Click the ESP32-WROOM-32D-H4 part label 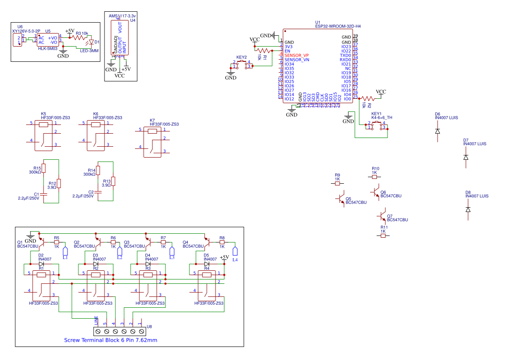point(338,26)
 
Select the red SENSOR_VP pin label point(297,55)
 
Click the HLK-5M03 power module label point(48,49)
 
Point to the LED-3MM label point(89,50)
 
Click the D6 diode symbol point(438,131)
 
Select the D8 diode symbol point(468,209)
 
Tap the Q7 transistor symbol point(382,215)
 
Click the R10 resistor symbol point(374,177)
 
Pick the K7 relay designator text point(152,120)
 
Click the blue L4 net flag point(235,251)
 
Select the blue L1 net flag point(65,251)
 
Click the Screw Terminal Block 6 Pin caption point(111,340)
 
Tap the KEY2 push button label point(241,57)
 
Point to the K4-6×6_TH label point(381,118)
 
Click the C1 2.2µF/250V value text point(28,198)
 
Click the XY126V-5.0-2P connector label point(26,31)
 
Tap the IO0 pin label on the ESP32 point(347,99)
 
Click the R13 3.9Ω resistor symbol point(113,181)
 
